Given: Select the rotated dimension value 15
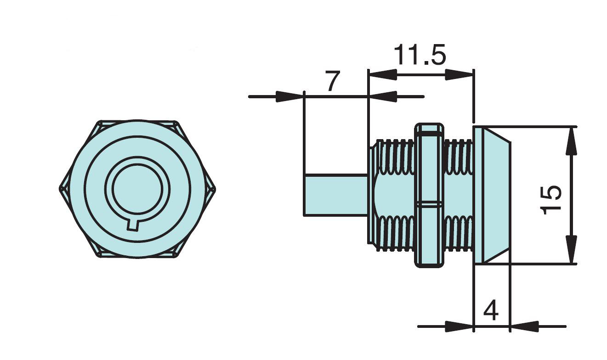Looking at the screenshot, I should pos(550,199).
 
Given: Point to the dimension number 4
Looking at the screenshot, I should pos(491,311).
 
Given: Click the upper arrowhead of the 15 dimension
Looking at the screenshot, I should pos(571,140).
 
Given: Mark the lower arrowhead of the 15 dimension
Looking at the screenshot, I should pos(571,250).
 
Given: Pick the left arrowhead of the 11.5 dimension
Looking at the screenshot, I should pos(382,74).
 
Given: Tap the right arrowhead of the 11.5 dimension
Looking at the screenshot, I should pos(460,74).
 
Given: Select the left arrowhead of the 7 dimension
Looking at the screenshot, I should pos(289,97).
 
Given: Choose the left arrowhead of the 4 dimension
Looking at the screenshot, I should pos(460,327).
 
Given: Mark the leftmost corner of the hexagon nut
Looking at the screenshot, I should pos(61,189).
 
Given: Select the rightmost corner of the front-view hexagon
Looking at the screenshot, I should pos(215,189).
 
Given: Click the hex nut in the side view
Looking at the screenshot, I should pos(429,195).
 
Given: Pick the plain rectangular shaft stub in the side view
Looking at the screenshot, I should pos(335,195).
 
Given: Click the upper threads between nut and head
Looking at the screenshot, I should pos(458,156).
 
